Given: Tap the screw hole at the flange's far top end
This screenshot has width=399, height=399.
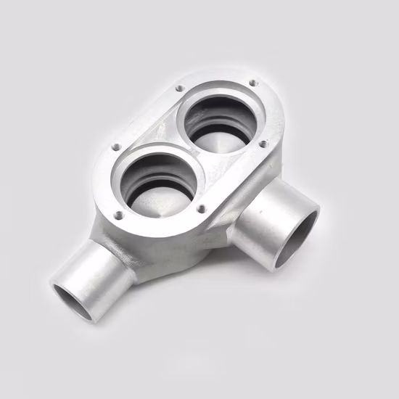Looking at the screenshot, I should pyautogui.click(x=252, y=83).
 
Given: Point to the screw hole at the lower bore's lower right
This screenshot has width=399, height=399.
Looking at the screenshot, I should pyautogui.click(x=202, y=209).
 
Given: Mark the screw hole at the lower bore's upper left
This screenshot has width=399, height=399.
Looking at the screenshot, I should pyautogui.click(x=116, y=147).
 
